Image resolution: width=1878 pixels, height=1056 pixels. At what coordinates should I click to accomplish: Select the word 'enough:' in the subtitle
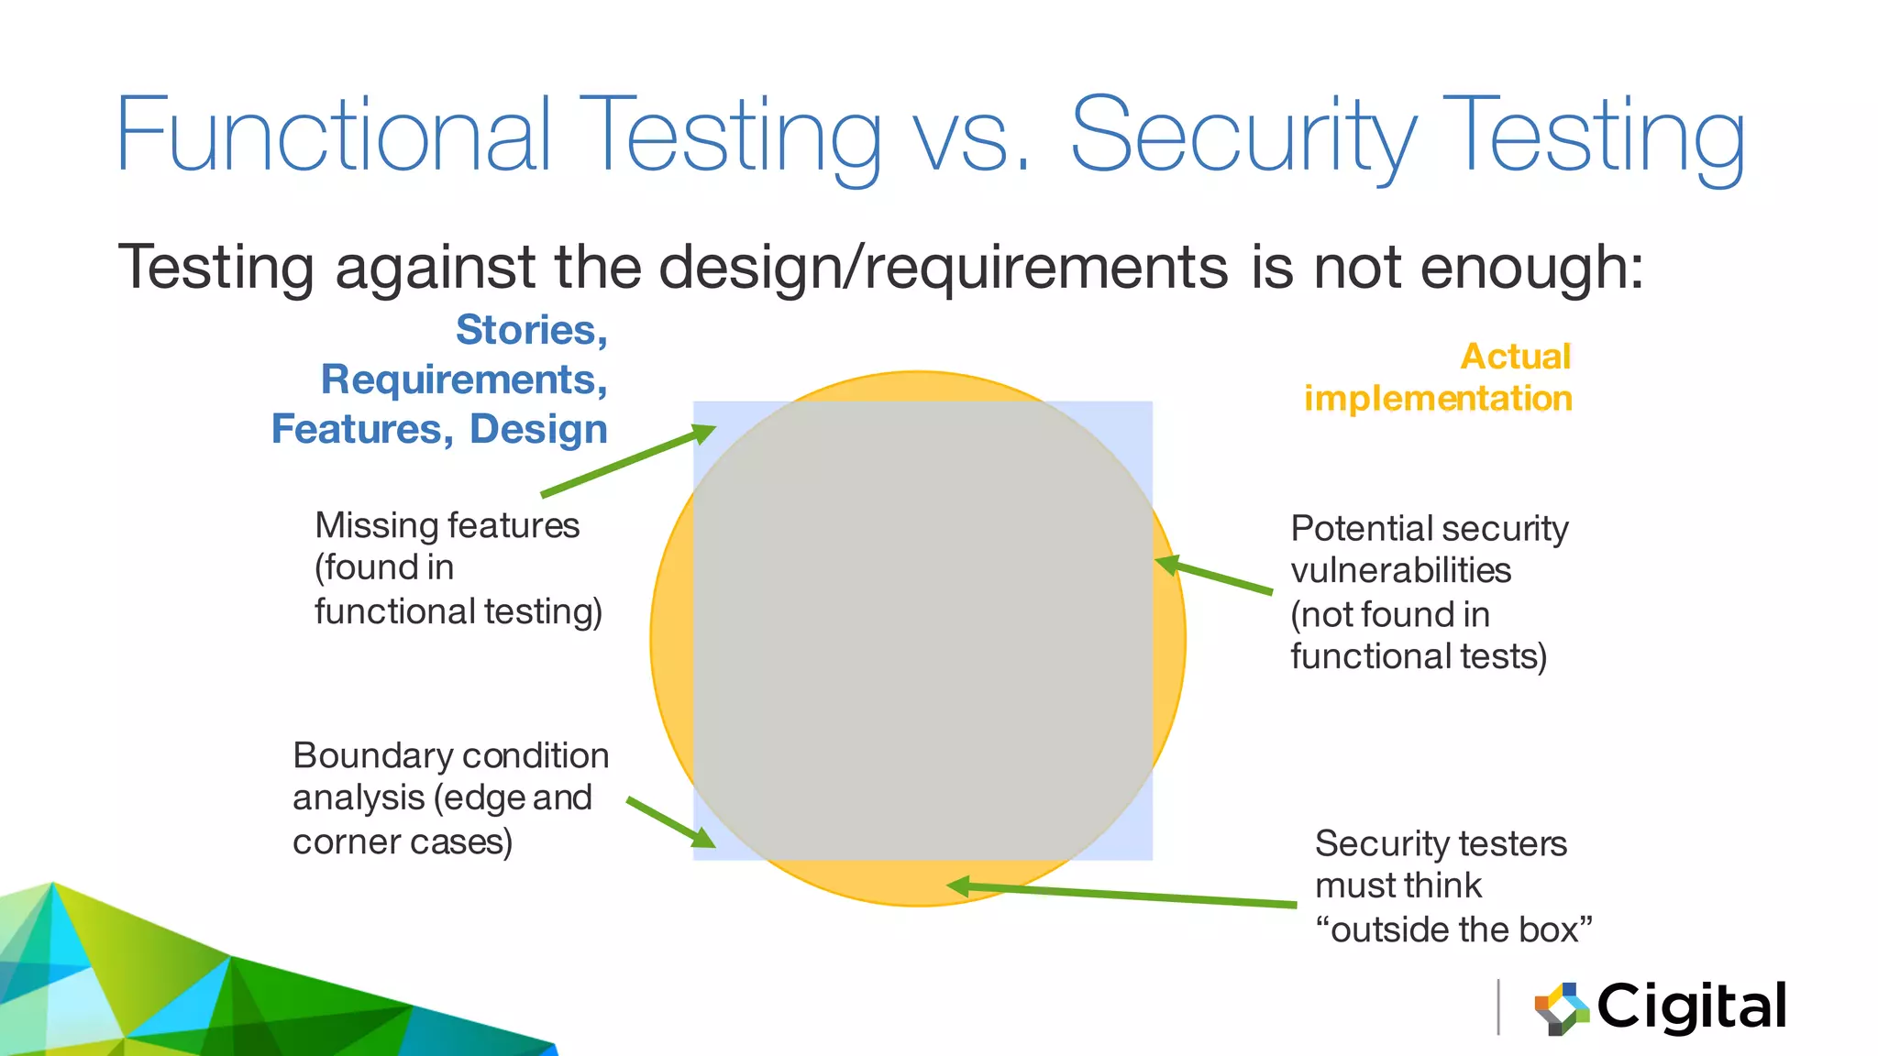tap(1531, 268)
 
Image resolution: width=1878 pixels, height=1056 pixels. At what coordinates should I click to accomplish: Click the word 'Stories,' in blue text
tap(531, 330)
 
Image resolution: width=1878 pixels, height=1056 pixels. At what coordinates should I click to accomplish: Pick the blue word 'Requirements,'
tap(463, 379)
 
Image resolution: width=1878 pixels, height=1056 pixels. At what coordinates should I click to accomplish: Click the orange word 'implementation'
tap(1437, 399)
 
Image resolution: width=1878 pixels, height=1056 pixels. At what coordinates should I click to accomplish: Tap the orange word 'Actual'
tap(1515, 356)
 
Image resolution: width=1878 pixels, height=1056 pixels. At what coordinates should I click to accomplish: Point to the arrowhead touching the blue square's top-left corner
tap(704, 434)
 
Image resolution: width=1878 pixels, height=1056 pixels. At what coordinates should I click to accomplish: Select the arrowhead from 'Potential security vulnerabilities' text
tap(1167, 565)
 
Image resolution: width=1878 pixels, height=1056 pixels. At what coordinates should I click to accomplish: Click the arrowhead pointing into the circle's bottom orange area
tap(958, 885)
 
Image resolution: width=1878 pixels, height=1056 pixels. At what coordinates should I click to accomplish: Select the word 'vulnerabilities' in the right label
tap(1400, 571)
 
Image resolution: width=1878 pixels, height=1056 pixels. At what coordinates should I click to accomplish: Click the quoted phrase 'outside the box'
tap(1453, 929)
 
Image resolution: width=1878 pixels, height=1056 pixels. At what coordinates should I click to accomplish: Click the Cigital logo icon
tap(1562, 1008)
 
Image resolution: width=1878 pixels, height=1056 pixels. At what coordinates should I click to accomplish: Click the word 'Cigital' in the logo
tap(1691, 1007)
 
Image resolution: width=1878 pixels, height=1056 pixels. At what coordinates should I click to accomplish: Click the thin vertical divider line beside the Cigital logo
tap(1498, 1006)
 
